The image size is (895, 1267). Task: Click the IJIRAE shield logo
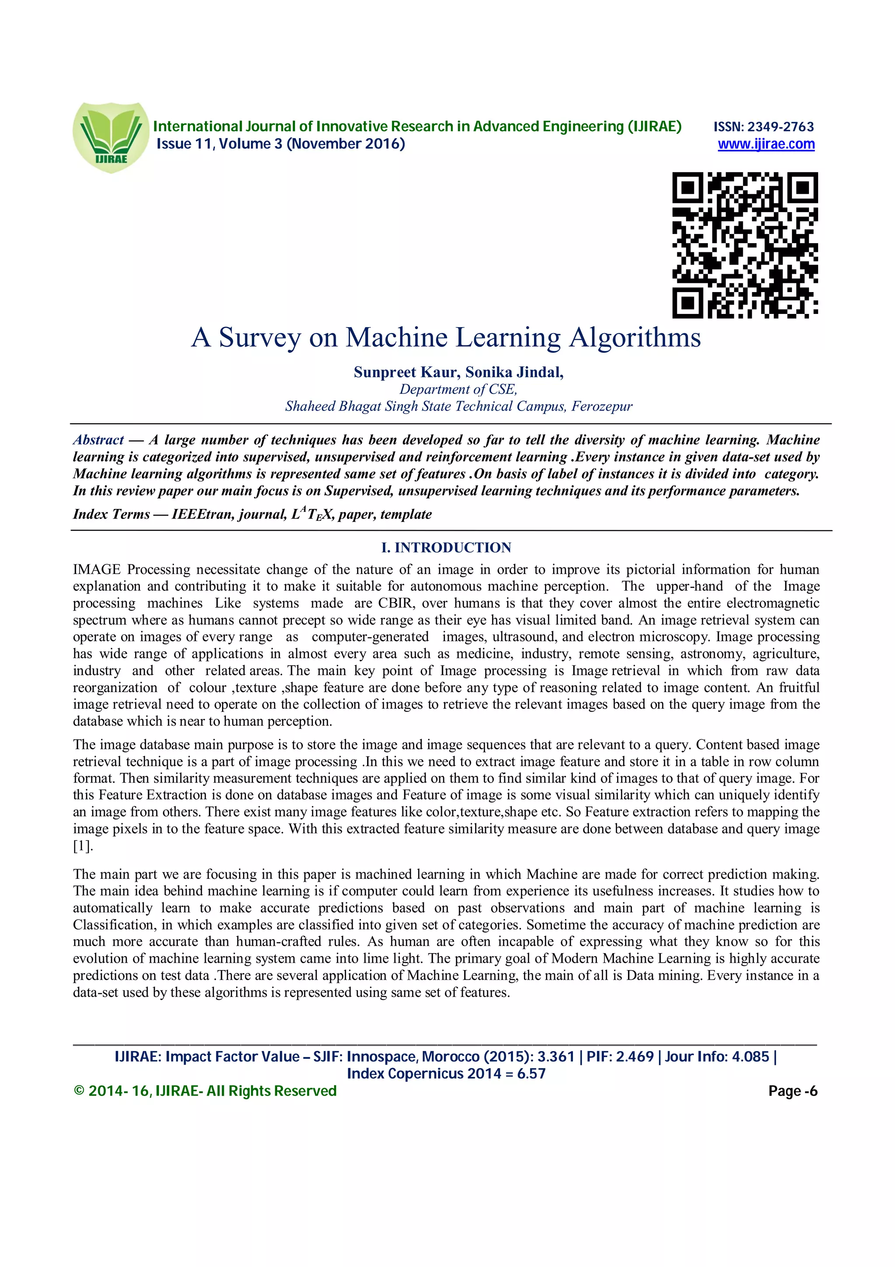coord(111,137)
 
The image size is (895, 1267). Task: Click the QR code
coord(745,245)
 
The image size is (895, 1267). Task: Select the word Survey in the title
coord(260,337)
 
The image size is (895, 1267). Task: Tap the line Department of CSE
coord(458,390)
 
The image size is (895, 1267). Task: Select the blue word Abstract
coord(99,440)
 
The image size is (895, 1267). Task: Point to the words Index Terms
coord(111,514)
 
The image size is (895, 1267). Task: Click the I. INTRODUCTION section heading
coord(446,547)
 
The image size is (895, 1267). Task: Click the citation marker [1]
coord(83,846)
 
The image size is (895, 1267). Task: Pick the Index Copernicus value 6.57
coord(531,1074)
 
